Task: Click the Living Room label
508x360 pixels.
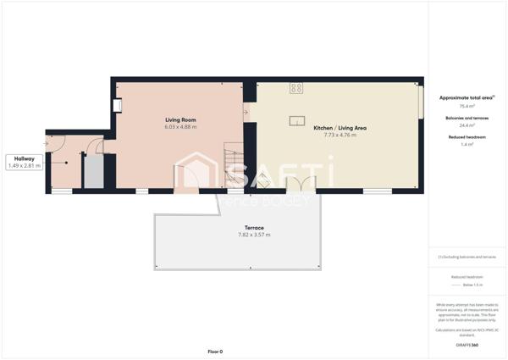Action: pos(180,119)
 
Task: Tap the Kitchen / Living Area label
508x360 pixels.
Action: pos(334,127)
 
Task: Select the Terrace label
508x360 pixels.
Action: pos(254,227)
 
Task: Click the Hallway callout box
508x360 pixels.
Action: pos(24,162)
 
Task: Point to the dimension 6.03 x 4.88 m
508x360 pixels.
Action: pos(180,127)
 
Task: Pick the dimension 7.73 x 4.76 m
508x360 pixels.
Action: pos(334,135)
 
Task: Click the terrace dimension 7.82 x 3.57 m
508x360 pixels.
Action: pos(254,235)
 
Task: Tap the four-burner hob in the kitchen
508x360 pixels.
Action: pos(296,88)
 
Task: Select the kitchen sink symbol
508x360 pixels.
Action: pos(297,120)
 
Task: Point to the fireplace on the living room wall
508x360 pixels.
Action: pos(117,106)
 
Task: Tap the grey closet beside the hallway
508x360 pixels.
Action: pos(92,172)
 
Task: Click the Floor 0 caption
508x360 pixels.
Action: pos(215,351)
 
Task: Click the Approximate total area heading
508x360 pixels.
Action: pos(466,98)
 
